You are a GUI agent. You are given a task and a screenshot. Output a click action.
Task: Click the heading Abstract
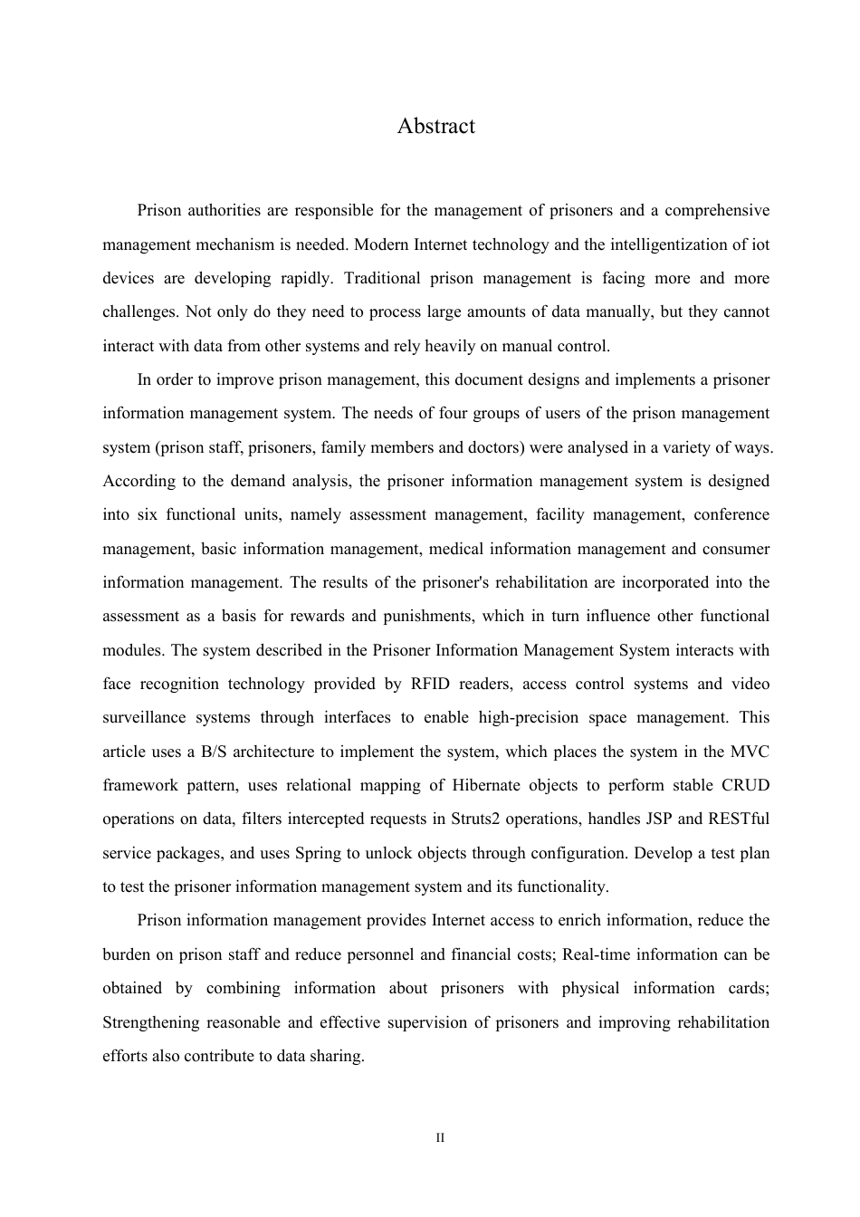(x=435, y=126)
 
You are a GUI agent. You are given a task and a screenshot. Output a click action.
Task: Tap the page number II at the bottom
(x=440, y=1137)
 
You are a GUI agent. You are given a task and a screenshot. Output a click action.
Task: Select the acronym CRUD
(x=745, y=785)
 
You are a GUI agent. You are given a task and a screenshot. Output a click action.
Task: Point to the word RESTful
(x=739, y=819)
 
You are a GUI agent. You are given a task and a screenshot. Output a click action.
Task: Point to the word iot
(x=759, y=244)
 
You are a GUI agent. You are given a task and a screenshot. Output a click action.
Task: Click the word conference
(x=731, y=514)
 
